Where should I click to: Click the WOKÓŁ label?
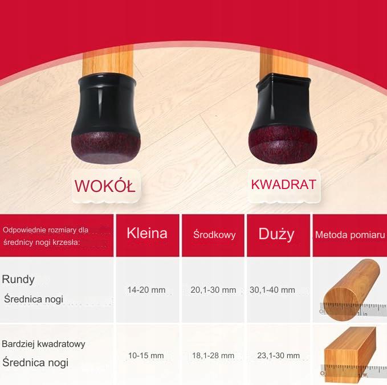click(105, 186)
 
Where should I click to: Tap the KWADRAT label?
click(284, 185)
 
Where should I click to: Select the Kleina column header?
click(147, 233)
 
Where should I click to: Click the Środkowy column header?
click(214, 234)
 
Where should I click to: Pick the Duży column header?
click(276, 234)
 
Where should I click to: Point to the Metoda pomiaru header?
click(350, 235)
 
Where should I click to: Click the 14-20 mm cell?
click(146, 290)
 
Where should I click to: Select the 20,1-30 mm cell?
click(213, 290)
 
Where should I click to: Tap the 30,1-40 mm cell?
click(272, 290)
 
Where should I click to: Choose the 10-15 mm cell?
click(146, 355)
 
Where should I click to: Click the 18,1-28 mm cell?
click(213, 355)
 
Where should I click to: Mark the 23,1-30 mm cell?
click(278, 355)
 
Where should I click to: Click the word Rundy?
click(18, 280)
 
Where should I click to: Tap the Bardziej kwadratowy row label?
click(43, 344)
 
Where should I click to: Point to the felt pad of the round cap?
click(105, 148)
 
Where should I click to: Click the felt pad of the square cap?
click(283, 146)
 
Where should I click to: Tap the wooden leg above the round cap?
click(108, 60)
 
